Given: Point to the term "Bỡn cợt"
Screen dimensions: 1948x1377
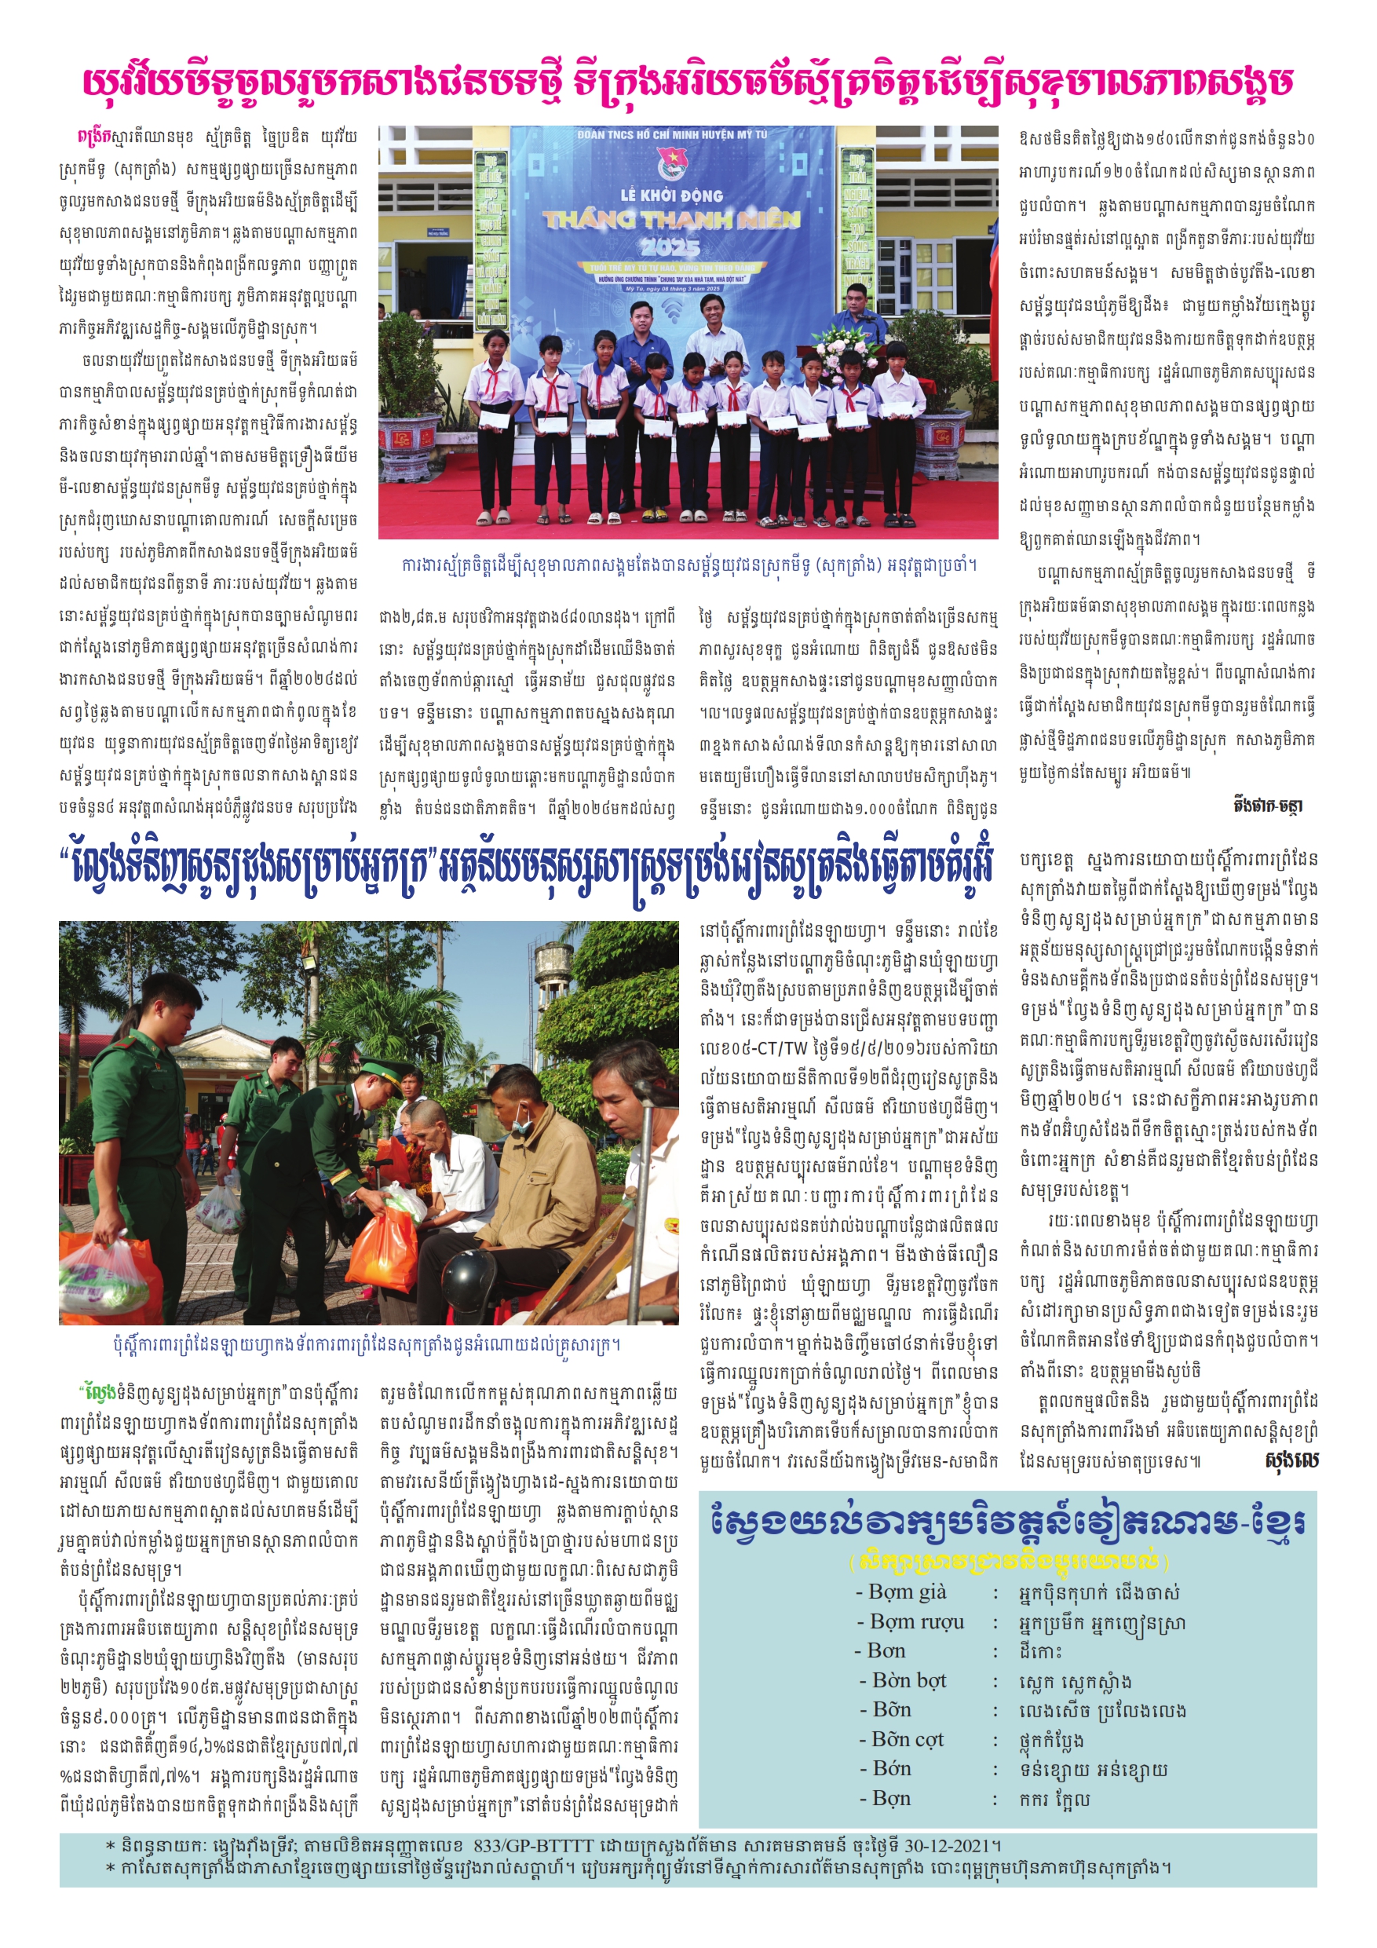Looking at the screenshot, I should click(908, 1739).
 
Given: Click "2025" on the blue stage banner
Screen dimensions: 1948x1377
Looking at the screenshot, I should click(670, 246).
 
